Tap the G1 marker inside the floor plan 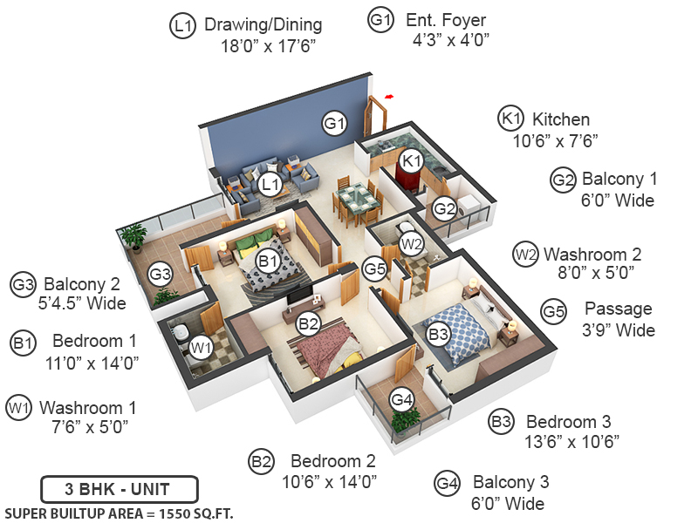[x=335, y=123]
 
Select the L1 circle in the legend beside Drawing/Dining [x=181, y=26]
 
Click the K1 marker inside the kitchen [x=412, y=160]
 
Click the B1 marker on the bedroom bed [x=267, y=260]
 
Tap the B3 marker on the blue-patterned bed [x=438, y=333]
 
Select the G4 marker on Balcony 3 [x=400, y=400]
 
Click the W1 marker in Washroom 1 [x=202, y=349]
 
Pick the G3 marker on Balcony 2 [x=160, y=274]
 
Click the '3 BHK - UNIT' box [x=119, y=487]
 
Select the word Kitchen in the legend [x=561, y=119]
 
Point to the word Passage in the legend [x=618, y=309]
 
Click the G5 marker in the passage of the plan [x=375, y=269]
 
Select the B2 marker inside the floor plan [x=309, y=324]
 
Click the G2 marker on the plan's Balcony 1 [x=445, y=208]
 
